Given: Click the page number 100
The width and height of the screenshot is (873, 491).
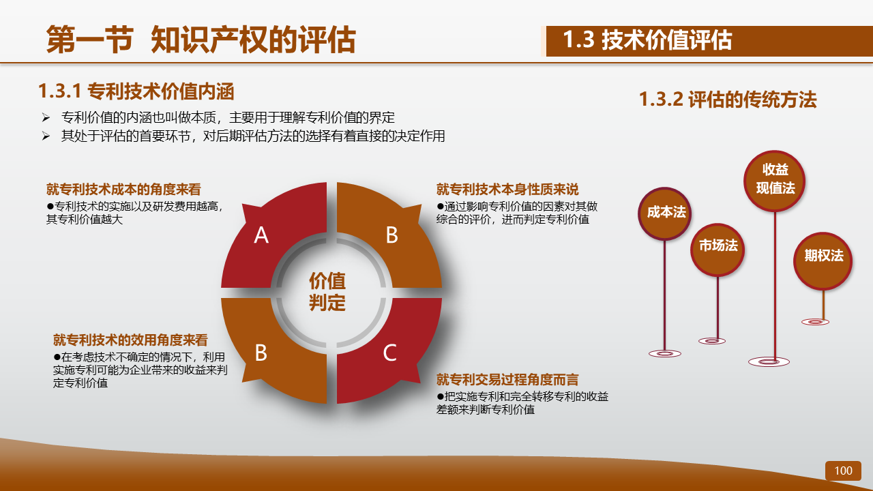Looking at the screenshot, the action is pos(843,471).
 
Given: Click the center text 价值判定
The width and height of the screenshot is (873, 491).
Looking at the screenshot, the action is pos(327,291).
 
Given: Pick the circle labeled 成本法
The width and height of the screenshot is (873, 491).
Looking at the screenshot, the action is pos(665,213).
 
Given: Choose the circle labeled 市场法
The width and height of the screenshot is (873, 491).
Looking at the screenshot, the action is pos(717,250).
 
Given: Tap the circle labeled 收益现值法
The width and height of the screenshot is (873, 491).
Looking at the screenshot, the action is pos(774,181).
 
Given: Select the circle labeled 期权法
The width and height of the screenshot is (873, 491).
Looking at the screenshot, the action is pos(823,261).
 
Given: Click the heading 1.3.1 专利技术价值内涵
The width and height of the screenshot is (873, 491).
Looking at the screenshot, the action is pos(136,91).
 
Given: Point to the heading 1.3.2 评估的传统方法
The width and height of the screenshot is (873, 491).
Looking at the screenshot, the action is pos(728,100).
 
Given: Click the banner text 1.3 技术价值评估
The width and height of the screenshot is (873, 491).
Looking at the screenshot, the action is pos(647,40).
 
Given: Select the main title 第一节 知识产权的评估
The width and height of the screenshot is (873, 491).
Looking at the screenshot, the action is pos(201,40).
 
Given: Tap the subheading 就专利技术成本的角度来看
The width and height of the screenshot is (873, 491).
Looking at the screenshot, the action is pos(123,190).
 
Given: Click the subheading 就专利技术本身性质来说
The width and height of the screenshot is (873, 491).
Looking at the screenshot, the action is pos(507,190).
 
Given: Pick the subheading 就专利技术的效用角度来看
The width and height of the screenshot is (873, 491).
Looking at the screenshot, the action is pos(130,340).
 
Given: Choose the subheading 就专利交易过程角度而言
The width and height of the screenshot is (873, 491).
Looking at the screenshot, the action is pos(507,380).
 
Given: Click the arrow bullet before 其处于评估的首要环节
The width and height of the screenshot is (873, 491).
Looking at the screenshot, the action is pos(46,136).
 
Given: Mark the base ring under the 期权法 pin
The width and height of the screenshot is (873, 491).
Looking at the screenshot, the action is pos(815,322).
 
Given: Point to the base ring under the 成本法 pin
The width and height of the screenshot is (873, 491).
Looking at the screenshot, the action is pos(665,353).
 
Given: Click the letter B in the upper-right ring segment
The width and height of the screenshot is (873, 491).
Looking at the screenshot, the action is pos(391,235).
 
